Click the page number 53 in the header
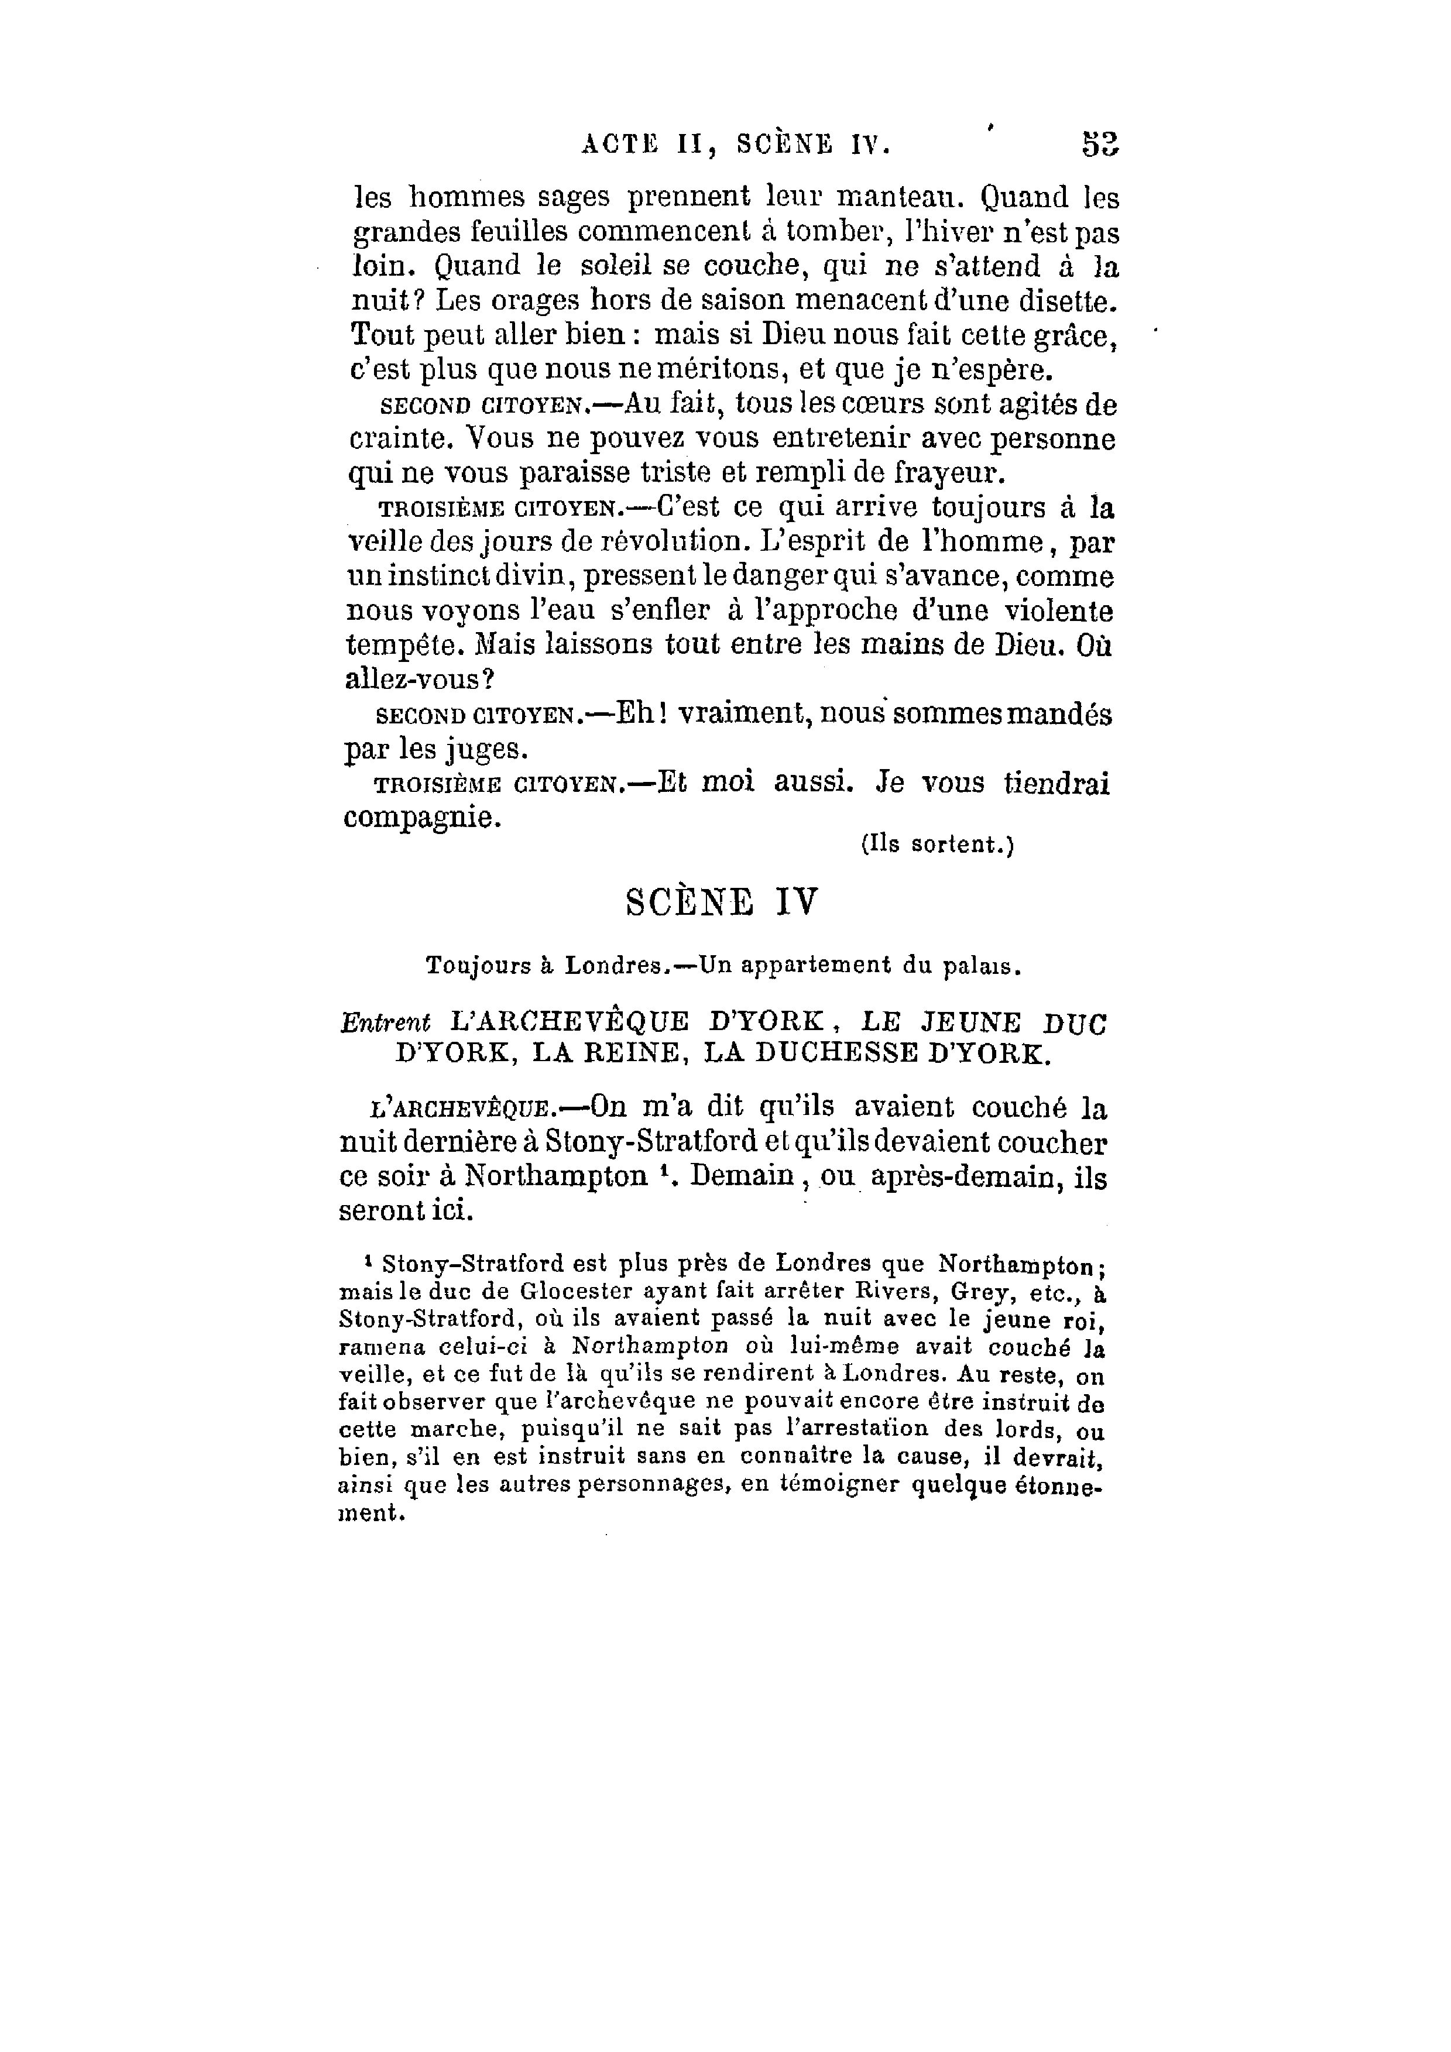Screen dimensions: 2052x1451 [1100, 145]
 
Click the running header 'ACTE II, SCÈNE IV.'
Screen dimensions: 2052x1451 [736, 145]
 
